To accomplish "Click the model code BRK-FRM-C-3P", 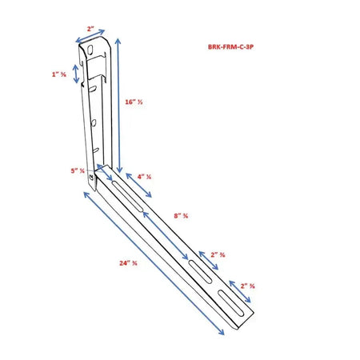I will (x=230, y=47).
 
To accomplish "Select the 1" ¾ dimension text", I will (x=58, y=74).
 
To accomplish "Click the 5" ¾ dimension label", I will (x=77, y=170).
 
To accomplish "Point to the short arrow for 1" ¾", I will (x=76, y=74).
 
